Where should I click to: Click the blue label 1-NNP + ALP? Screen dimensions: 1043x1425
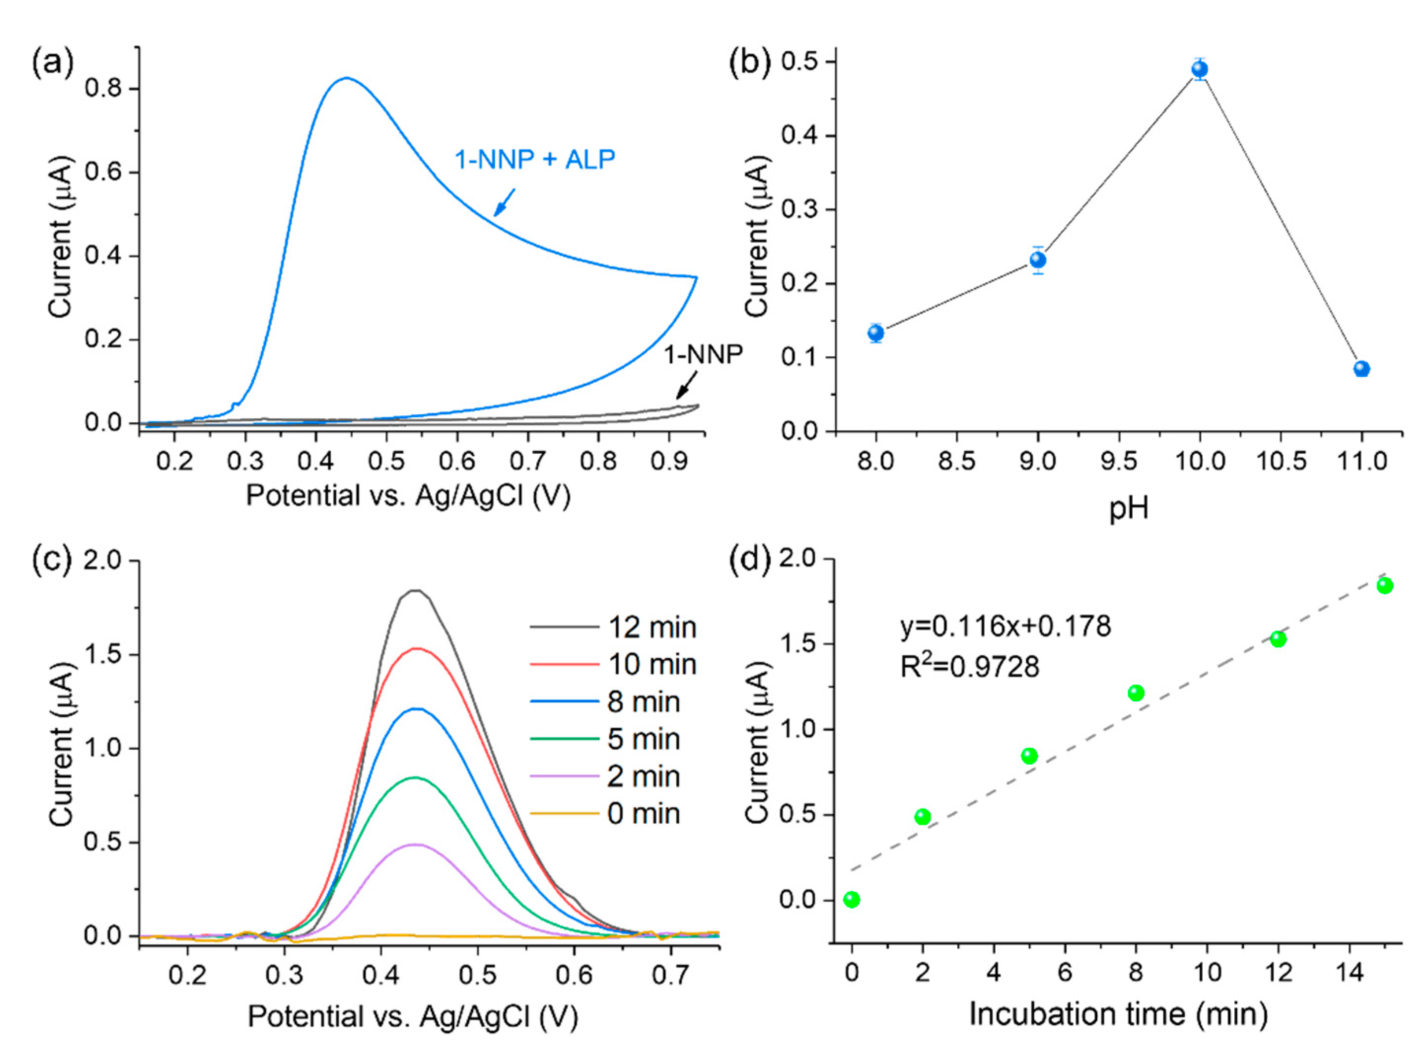point(534,160)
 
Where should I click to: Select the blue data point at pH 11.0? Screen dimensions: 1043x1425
point(1362,369)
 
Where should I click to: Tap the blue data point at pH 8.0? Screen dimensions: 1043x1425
point(875,333)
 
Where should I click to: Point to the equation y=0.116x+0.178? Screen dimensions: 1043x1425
point(1005,626)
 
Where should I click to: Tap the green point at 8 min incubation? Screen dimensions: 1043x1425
point(1136,693)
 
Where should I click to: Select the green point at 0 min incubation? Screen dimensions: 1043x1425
point(851,899)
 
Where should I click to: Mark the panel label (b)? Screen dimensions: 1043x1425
point(750,65)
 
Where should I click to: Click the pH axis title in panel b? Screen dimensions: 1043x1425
point(1128,509)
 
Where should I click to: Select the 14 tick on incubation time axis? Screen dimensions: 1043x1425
point(1349,972)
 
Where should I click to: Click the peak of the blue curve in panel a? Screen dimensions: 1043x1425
point(346,78)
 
